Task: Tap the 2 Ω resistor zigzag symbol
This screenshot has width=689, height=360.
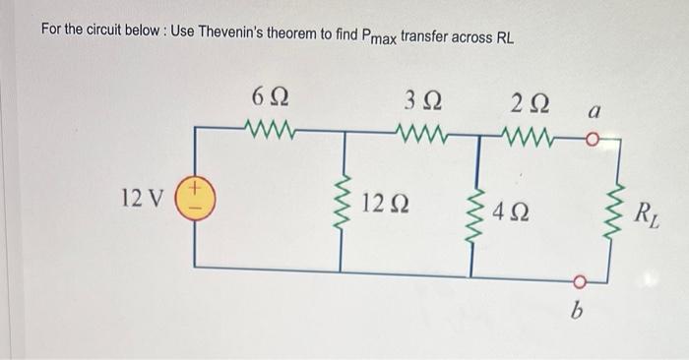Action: click(532, 128)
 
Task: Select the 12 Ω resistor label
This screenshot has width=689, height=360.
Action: click(387, 205)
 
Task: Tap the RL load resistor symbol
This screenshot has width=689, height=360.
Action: click(618, 207)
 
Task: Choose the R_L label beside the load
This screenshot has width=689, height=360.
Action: click(649, 210)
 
